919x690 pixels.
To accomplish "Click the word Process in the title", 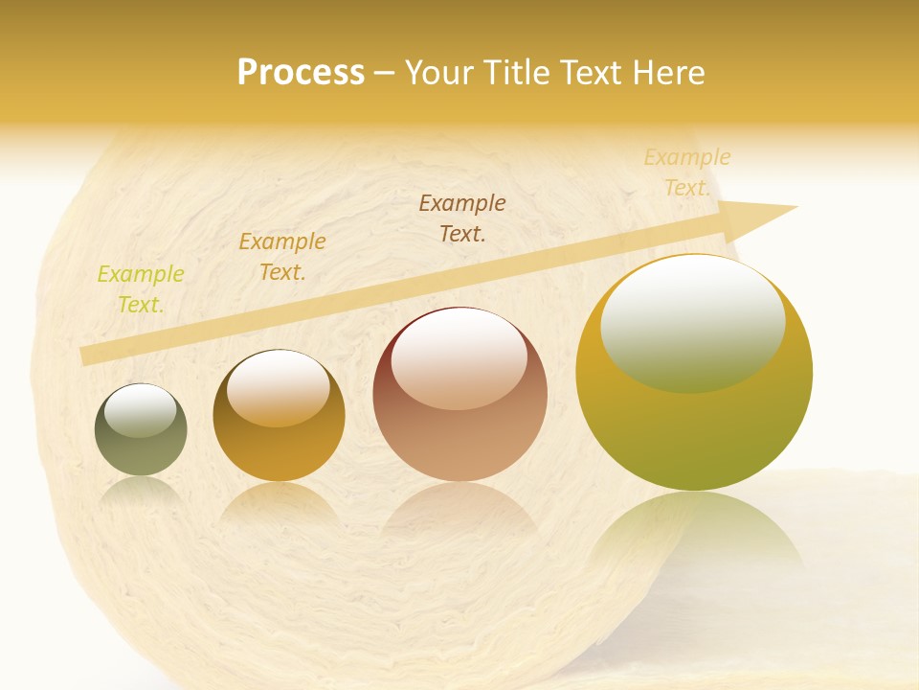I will tap(301, 73).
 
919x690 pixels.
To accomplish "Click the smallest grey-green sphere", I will tap(141, 430).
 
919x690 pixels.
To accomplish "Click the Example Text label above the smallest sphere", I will tap(141, 289).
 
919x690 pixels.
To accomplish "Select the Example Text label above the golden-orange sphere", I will tap(281, 257).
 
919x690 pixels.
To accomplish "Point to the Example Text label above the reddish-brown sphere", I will tap(462, 218).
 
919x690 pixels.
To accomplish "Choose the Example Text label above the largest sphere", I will tap(686, 172).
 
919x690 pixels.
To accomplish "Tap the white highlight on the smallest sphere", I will tap(140, 409).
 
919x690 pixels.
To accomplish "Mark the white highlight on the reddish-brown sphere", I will tap(459, 357).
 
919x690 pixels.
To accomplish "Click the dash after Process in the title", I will tap(385, 73).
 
